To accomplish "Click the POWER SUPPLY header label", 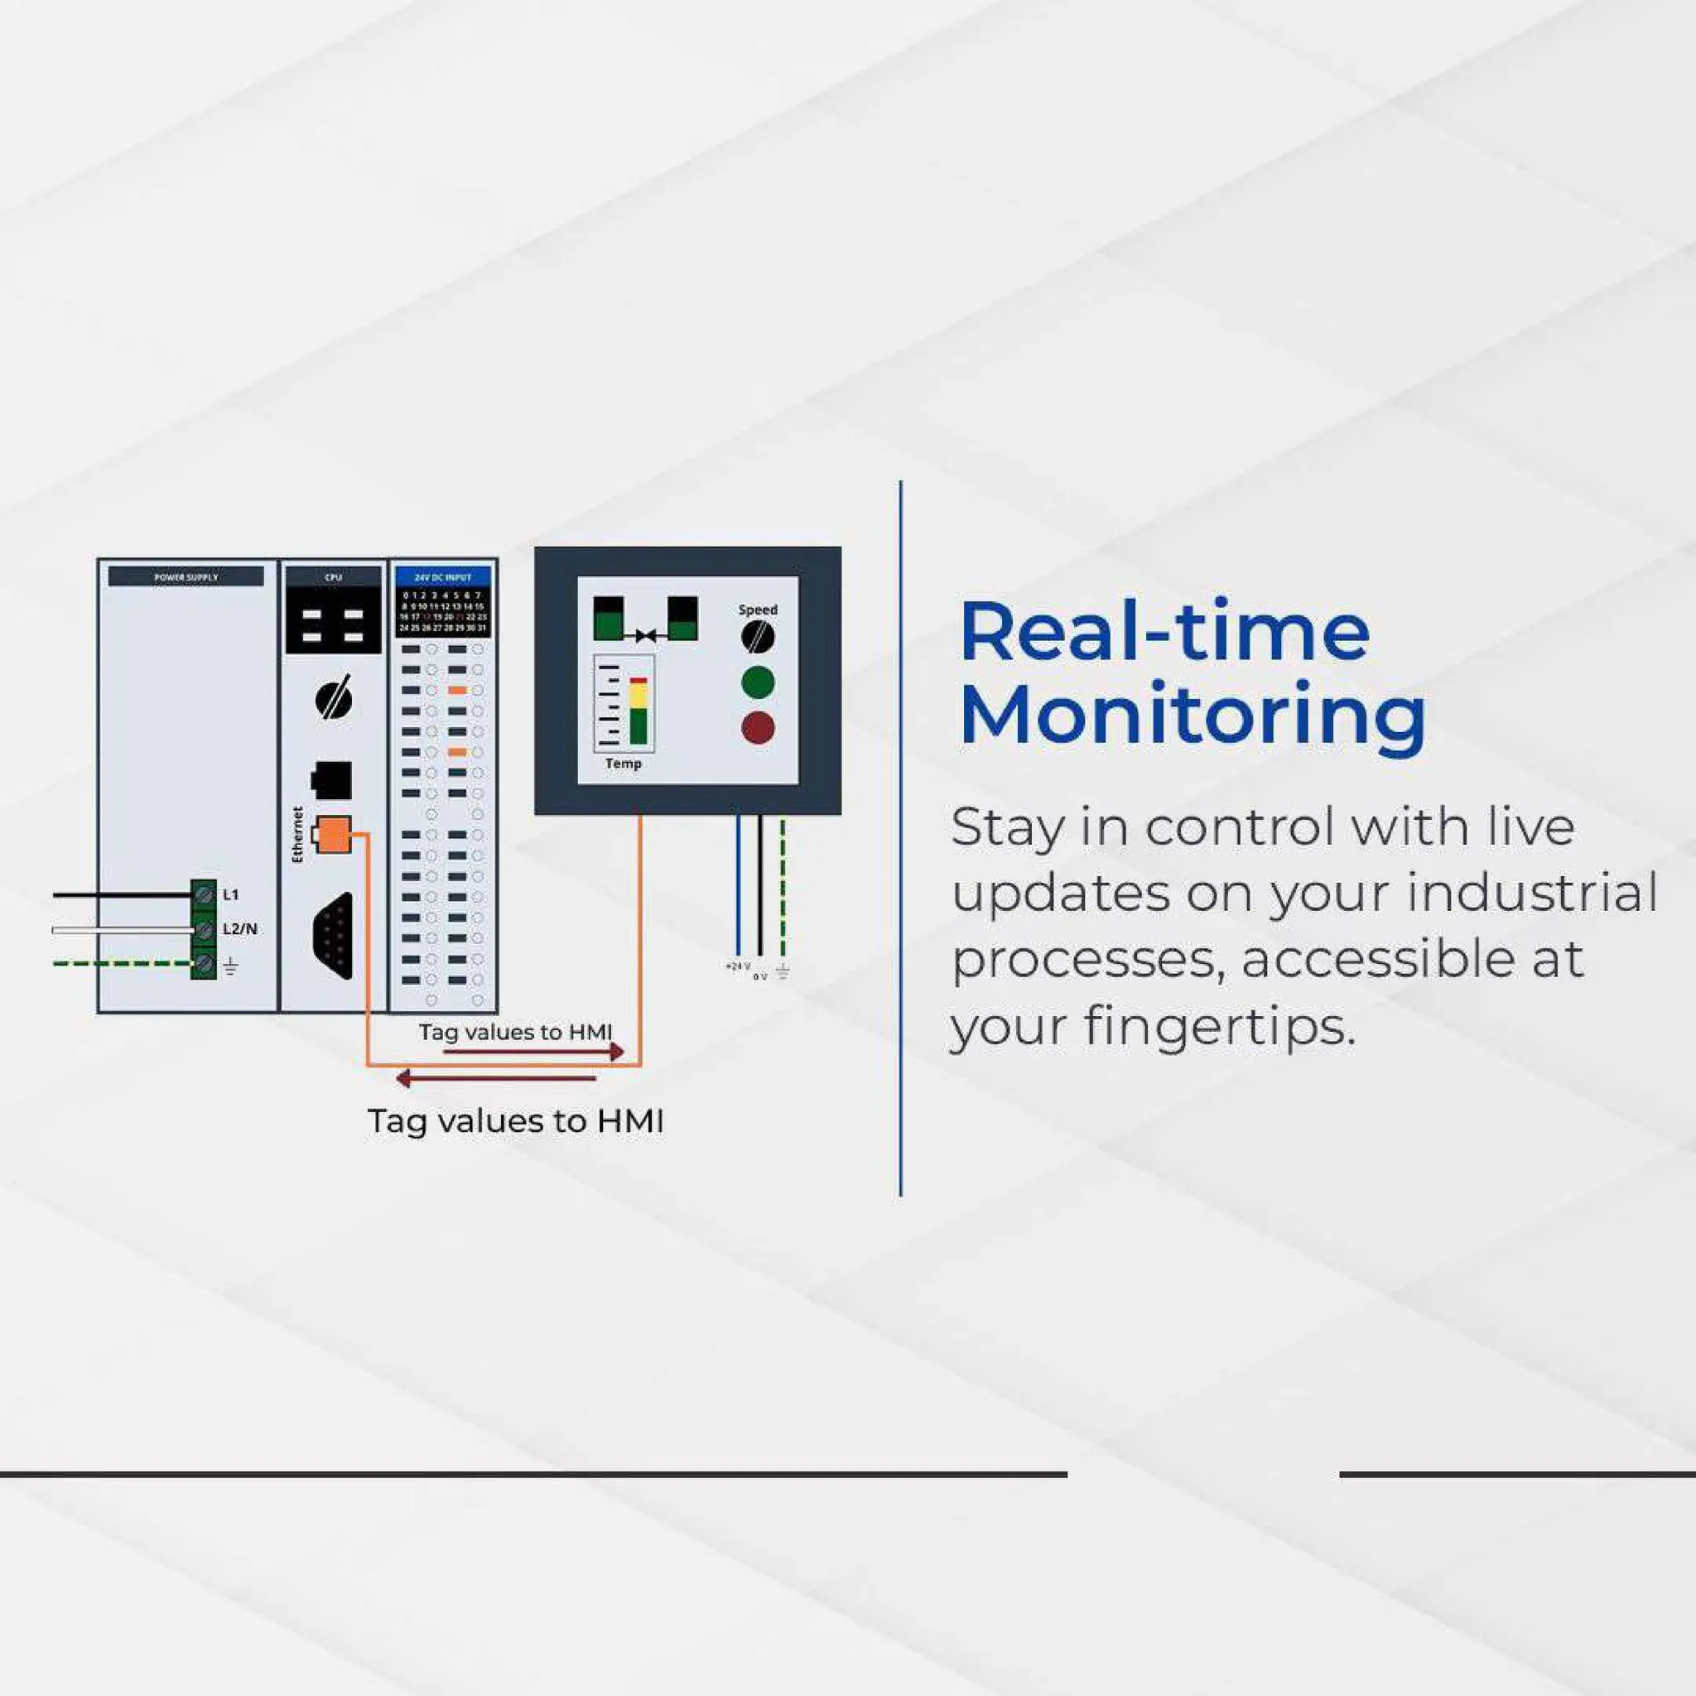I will pos(185,576).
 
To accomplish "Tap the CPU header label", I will pos(333,576).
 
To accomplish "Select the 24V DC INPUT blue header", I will pos(442,576).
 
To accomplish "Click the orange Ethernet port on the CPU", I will pos(333,834).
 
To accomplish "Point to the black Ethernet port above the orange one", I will pos(332,779).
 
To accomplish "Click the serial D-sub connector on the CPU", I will pos(335,936).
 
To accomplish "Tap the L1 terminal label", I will pos(231,894).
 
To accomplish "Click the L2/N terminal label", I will pos(239,929).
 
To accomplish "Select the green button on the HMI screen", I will pos(758,682).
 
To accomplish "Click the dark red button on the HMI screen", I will pos(758,728).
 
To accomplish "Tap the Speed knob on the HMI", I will pos(758,638).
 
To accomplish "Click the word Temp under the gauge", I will pos(624,764).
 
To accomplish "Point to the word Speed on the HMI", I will pos(758,609).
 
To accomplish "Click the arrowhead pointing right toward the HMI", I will pos(617,1051).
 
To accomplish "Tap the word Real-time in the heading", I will pos(1164,632).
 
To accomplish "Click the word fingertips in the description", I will pos(1219,1025).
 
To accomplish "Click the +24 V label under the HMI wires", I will pos(737,966).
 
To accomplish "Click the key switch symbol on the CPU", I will pos(334,700).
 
